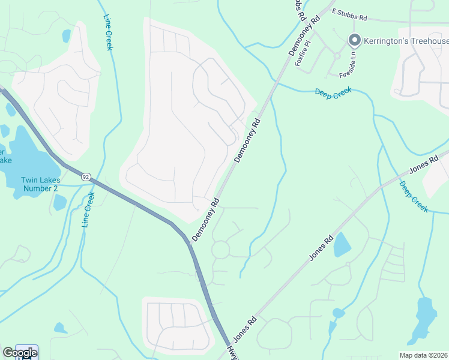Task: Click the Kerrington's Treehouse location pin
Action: (x=354, y=41)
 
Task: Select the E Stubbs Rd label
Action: (x=349, y=15)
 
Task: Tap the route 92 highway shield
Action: (x=86, y=176)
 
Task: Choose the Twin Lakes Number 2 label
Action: (x=39, y=184)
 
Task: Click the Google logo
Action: (x=19, y=353)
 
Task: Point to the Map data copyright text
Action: (x=424, y=355)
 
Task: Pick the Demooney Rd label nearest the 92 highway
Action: (x=205, y=220)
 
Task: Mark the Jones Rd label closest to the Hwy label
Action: (x=245, y=329)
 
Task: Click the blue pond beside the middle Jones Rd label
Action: (x=342, y=244)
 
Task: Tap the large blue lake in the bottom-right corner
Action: (x=425, y=318)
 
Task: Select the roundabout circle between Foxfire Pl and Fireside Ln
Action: (x=337, y=56)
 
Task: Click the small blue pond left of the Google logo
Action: (x=60, y=328)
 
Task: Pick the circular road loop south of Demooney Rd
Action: (x=220, y=250)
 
